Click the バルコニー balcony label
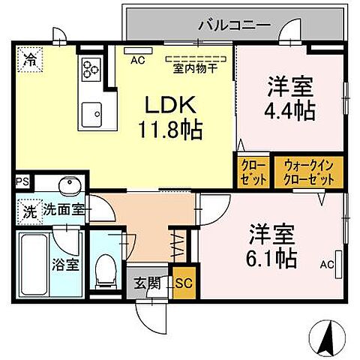pyautogui.click(x=233, y=25)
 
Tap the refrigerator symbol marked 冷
pyautogui.click(x=29, y=57)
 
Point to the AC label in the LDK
pyautogui.click(x=138, y=59)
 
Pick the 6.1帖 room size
pyautogui.click(x=273, y=257)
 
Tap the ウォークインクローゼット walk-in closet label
pyautogui.click(x=307, y=171)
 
